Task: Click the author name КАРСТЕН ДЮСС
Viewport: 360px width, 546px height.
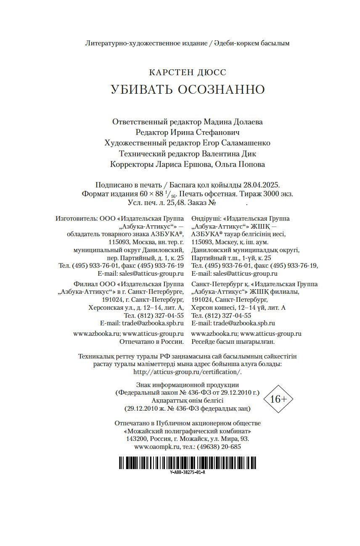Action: point(187,72)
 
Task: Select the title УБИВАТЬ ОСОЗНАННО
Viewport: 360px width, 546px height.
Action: point(188,90)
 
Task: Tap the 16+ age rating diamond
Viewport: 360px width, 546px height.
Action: point(278,398)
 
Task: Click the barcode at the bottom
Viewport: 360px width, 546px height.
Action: point(187,463)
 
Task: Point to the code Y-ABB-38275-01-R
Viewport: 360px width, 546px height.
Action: point(188,472)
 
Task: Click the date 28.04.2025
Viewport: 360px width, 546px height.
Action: point(264,185)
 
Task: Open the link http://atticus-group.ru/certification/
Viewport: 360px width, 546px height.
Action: point(188,372)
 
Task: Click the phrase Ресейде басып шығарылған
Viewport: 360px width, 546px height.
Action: point(233,342)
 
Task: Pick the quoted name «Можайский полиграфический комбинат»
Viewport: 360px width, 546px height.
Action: point(188,430)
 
